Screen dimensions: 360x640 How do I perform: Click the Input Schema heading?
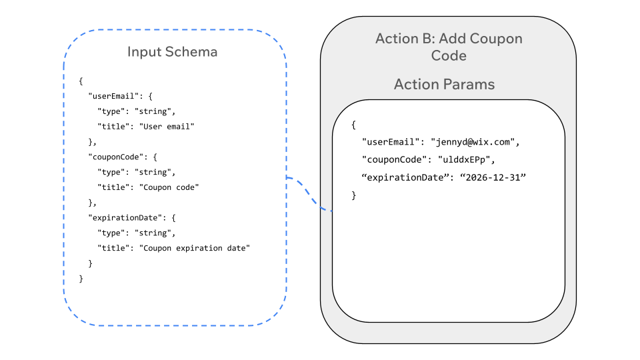(172, 51)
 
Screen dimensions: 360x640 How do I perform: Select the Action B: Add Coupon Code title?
(449, 47)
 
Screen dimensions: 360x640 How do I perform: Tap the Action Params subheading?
(444, 84)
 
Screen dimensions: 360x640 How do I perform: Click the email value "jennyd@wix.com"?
(474, 142)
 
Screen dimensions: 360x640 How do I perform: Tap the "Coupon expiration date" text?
(194, 248)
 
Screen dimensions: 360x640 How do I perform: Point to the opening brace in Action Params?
(354, 125)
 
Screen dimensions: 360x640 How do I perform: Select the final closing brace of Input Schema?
(81, 279)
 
